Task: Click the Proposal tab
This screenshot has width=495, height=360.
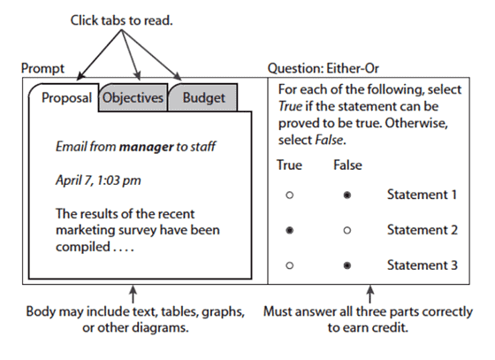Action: click(66, 98)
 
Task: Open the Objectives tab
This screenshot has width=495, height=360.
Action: click(133, 98)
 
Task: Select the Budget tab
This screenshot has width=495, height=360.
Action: click(204, 98)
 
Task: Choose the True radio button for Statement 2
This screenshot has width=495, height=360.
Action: click(289, 230)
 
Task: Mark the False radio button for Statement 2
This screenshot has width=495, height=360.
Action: click(346, 230)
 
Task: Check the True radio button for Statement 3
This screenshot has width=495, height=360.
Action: click(289, 264)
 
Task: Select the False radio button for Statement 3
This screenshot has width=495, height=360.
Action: click(346, 264)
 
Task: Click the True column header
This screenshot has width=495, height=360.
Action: click(289, 165)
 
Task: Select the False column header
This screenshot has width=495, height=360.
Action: click(347, 165)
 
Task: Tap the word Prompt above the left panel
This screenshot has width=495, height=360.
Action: click(43, 68)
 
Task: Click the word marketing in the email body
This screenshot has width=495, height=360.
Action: click(86, 230)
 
